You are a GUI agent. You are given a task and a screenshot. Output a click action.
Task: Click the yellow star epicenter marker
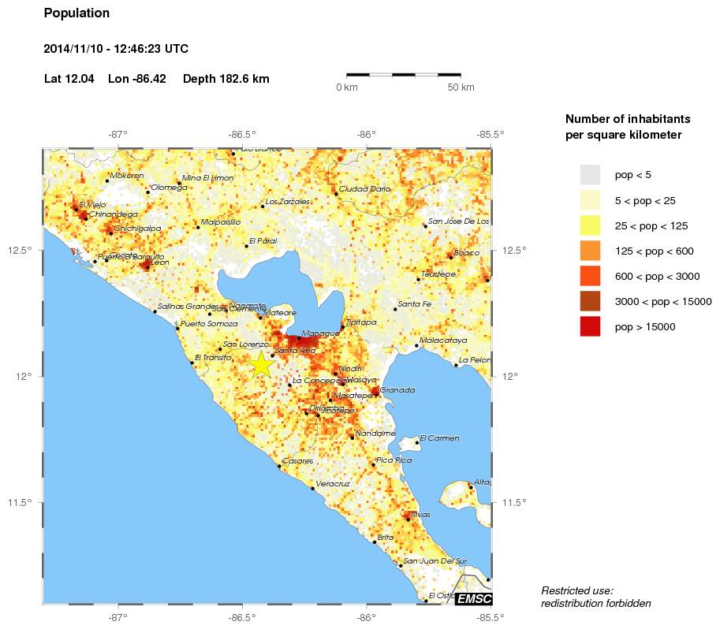click(262, 364)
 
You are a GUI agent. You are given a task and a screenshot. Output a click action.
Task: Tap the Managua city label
click(320, 333)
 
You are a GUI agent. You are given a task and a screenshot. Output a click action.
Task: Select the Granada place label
click(397, 390)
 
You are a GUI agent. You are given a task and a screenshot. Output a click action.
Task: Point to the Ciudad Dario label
click(364, 189)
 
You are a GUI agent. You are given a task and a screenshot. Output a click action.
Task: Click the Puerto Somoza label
click(209, 324)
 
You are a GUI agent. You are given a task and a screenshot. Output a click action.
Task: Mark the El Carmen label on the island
click(439, 438)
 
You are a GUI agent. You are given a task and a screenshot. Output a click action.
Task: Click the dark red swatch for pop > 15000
click(590, 326)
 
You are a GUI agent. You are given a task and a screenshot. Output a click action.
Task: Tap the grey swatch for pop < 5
click(590, 175)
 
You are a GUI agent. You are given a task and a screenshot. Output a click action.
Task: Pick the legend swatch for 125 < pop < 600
click(590, 251)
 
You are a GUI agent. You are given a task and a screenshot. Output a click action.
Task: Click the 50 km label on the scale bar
click(461, 87)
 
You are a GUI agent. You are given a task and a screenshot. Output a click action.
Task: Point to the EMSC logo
click(473, 599)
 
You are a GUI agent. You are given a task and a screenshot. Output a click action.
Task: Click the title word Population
click(76, 13)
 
